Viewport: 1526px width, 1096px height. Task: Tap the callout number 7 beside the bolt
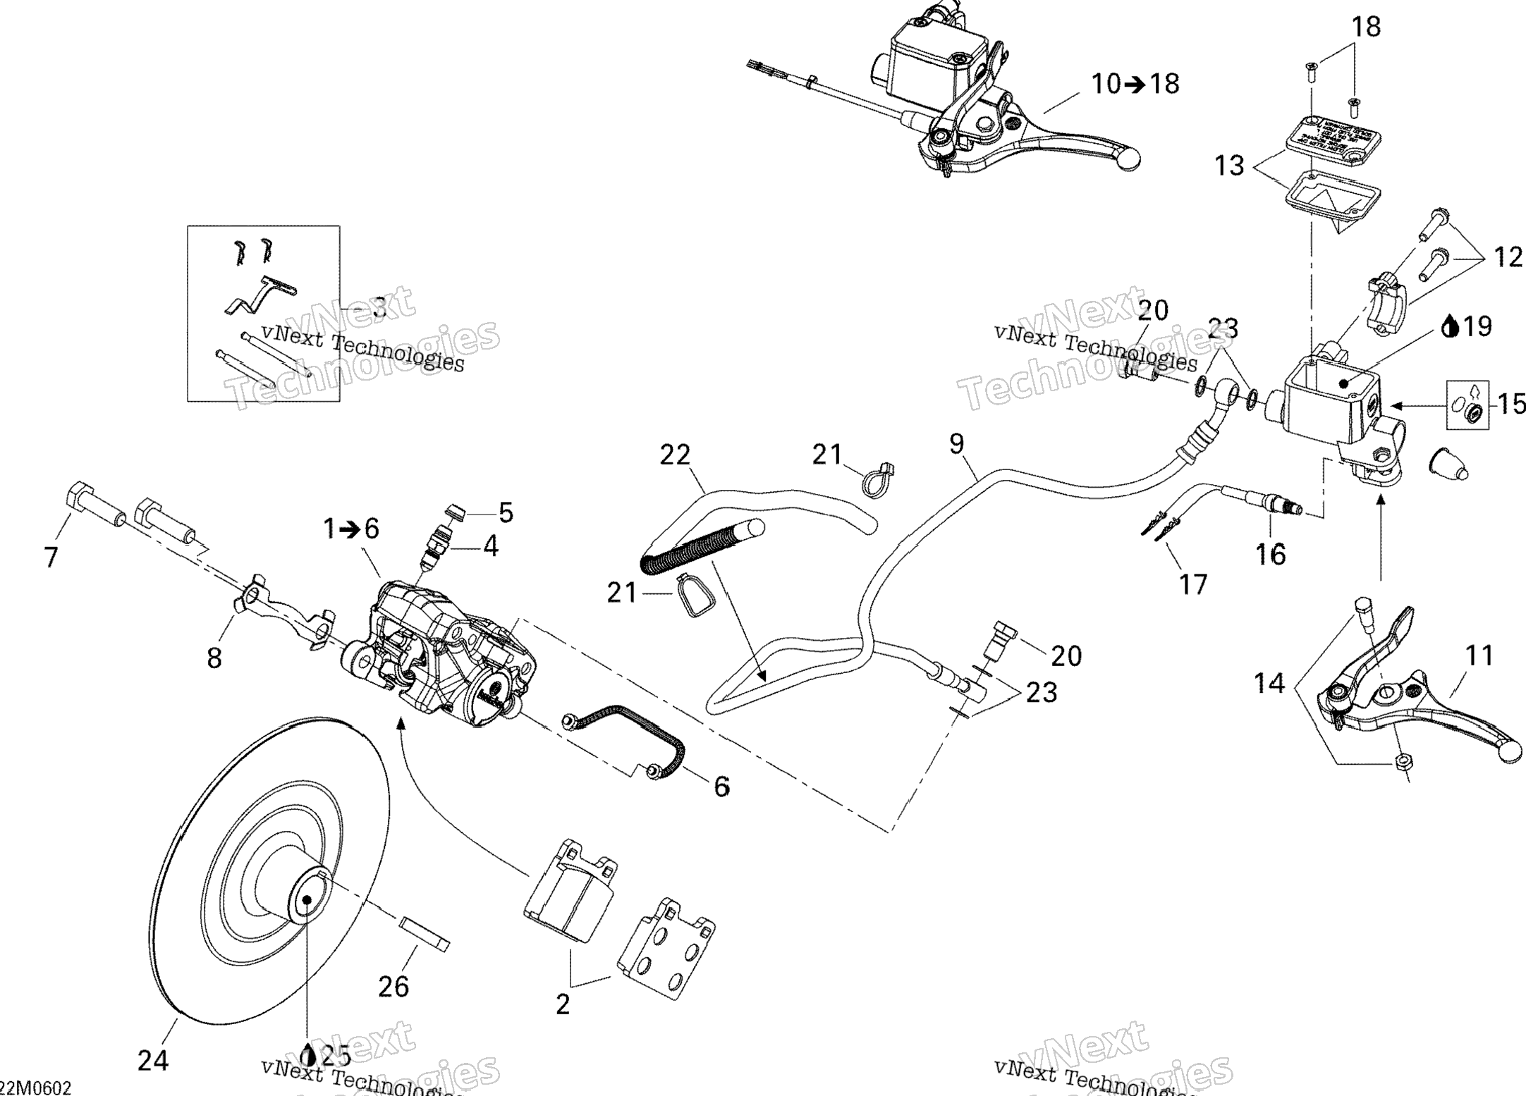click(x=51, y=558)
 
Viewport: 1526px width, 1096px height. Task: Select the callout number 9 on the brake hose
click(x=956, y=444)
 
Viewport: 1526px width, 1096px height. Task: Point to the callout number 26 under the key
click(x=393, y=986)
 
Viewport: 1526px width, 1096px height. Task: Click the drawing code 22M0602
click(x=37, y=1088)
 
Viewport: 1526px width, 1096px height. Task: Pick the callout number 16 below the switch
click(x=1271, y=554)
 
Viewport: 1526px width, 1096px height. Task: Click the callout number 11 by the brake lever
click(x=1479, y=656)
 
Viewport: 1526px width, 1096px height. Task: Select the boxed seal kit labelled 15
click(x=1468, y=405)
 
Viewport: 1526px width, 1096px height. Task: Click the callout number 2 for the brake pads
click(x=563, y=1004)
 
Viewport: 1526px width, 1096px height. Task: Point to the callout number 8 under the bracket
click(x=214, y=658)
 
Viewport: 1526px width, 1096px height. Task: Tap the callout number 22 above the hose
click(x=675, y=455)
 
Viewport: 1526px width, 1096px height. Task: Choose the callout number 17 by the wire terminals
click(x=1194, y=584)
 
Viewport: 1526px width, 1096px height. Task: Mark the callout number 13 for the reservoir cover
click(x=1230, y=166)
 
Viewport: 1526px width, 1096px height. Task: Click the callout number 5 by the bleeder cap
click(x=506, y=513)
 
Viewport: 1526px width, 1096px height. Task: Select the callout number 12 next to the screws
click(x=1508, y=257)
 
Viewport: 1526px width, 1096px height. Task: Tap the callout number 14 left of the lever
click(x=1269, y=683)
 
